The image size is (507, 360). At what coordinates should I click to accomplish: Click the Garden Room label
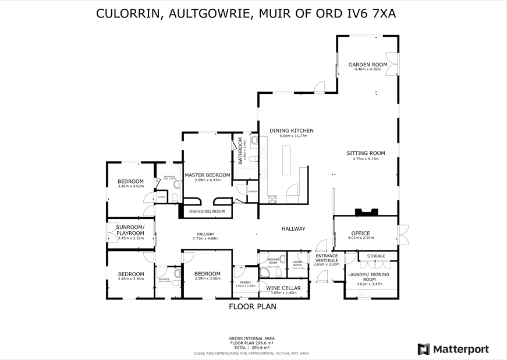click(367, 64)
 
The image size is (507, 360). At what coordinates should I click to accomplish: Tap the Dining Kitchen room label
click(291, 130)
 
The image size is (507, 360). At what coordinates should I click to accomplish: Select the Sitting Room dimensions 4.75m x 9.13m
click(366, 158)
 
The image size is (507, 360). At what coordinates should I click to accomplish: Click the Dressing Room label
click(207, 211)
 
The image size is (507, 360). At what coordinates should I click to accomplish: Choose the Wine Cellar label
click(283, 288)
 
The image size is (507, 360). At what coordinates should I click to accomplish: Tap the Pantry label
click(245, 282)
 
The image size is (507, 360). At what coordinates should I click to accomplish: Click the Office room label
click(360, 233)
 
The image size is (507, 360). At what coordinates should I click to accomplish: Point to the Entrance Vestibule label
click(327, 258)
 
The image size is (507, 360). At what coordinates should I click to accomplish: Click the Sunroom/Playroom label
click(130, 230)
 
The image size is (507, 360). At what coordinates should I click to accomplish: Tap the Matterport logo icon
click(424, 350)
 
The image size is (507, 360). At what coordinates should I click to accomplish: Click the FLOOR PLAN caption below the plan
click(252, 306)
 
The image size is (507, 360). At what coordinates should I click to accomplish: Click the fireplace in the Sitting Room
click(367, 213)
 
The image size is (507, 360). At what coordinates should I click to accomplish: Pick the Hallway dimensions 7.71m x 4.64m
click(205, 238)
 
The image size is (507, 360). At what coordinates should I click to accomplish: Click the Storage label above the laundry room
click(376, 256)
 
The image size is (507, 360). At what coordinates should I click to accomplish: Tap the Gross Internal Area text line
click(252, 338)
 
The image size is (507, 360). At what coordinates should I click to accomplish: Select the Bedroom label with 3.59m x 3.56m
click(207, 274)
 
